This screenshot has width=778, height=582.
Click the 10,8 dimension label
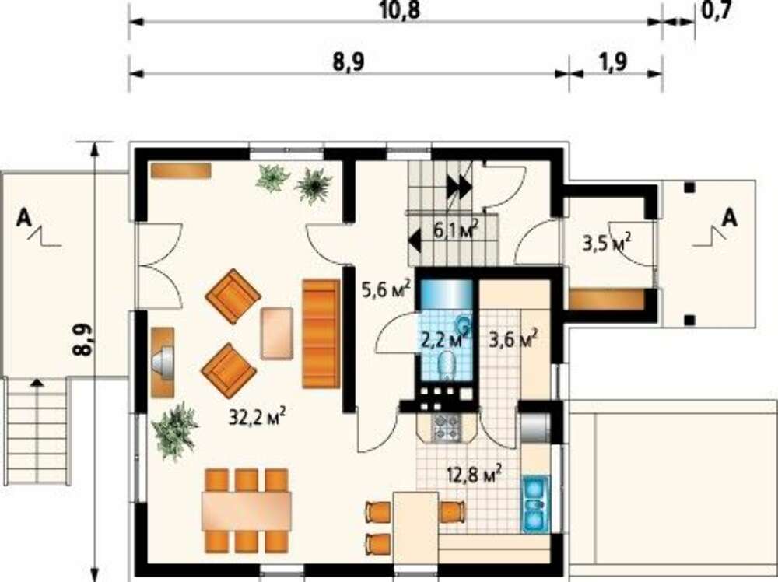tap(399, 10)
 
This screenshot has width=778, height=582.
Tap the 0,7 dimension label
tap(717, 10)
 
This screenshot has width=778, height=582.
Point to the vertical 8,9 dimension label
tap(83, 340)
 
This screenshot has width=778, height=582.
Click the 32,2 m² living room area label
tap(257, 417)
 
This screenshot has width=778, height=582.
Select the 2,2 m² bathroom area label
tap(445, 340)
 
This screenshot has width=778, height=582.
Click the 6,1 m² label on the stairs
tap(456, 230)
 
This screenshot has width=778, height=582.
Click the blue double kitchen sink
tap(535, 503)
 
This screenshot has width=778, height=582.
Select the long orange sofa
tap(321, 334)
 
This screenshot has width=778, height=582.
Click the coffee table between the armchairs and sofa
tap(276, 333)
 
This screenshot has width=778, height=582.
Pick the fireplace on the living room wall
tap(163, 363)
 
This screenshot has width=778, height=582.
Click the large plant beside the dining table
tap(174, 431)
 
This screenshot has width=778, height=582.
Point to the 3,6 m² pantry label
tap(513, 340)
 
